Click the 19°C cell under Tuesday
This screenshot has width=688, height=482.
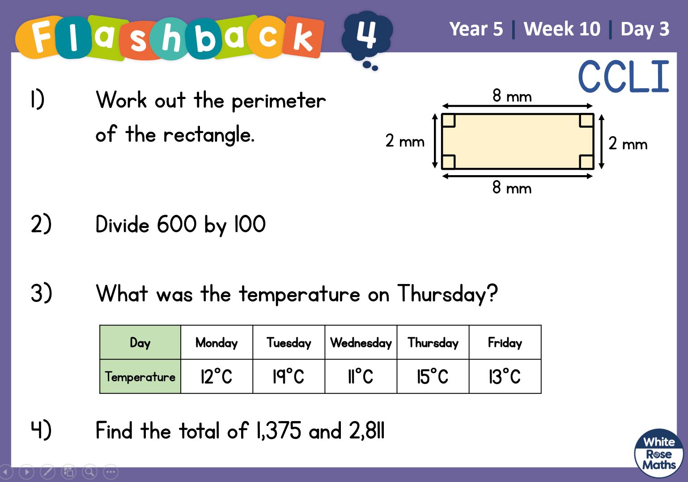289,376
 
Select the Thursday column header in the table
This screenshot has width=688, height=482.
433,342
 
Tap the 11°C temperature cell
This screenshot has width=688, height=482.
361,376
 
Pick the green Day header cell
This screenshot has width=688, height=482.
140,342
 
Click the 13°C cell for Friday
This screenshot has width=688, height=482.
505,376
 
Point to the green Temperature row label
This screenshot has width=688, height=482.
140,376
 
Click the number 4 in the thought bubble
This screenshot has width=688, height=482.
366,34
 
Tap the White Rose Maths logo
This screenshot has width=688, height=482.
659,453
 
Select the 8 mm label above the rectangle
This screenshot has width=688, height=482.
512,96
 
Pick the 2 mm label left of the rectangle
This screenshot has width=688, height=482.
405,141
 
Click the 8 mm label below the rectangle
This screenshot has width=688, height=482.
512,187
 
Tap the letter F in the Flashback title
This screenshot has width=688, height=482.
41,36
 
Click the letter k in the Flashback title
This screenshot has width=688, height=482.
302,38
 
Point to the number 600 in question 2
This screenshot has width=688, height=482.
177,224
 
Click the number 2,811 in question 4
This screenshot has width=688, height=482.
367,430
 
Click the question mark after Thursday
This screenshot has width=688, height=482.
492,293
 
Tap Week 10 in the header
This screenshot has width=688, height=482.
562,29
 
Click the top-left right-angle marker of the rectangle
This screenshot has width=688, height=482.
448,120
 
